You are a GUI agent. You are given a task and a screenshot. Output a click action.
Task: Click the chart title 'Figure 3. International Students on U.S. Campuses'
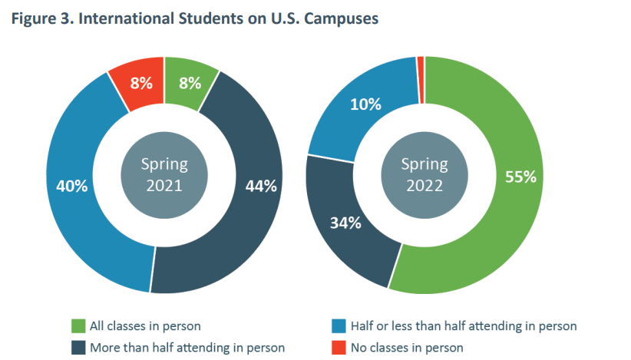click(195, 20)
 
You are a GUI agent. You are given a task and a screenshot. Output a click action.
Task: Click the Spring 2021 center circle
click(164, 175)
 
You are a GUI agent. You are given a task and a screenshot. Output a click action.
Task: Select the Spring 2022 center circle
click(424, 175)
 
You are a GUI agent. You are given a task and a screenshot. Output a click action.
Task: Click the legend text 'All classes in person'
click(147, 325)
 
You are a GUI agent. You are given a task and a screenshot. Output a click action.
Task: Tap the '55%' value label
click(520, 176)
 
